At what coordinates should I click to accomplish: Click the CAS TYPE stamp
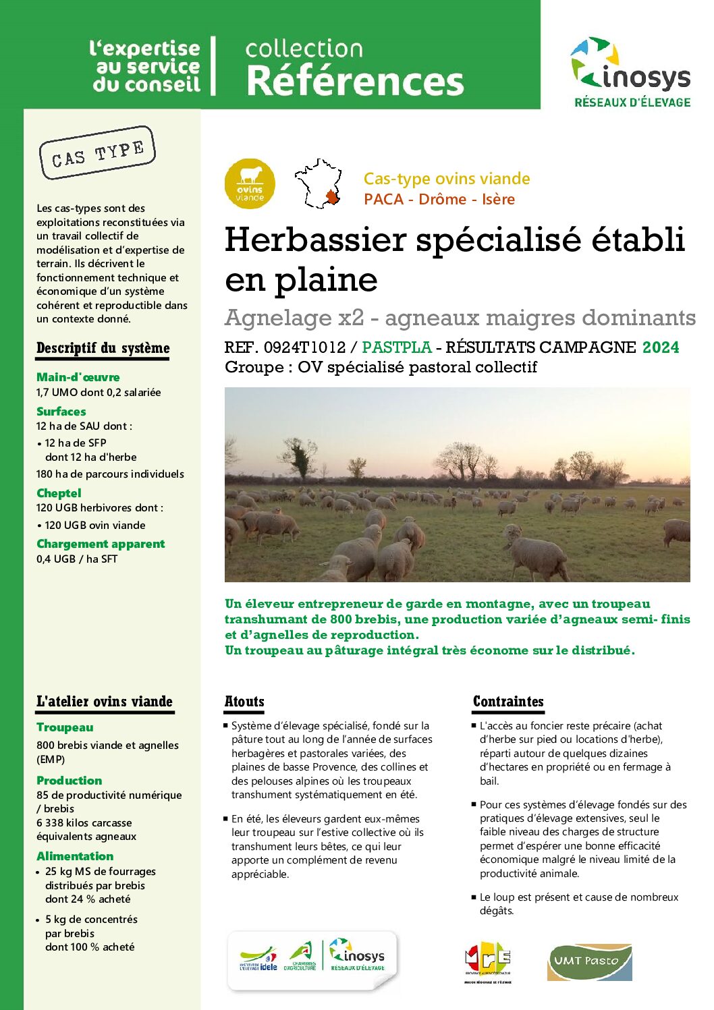tap(97, 153)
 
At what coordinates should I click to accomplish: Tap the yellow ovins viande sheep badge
tap(250, 184)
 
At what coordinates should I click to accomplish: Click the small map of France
tap(319, 184)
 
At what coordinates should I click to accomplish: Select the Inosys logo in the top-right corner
tap(631, 72)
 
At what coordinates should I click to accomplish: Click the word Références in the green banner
tap(355, 81)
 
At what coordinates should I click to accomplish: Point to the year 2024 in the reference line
tap(661, 347)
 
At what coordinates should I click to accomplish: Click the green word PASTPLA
tap(397, 347)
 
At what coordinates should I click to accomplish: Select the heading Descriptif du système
tap(103, 348)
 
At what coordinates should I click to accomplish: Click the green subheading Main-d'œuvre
tap(78, 377)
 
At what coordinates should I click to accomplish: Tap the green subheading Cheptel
tap(59, 493)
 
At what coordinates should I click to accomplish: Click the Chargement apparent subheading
tap(101, 544)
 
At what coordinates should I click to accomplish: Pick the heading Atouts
tap(244, 702)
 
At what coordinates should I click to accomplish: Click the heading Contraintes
tap(508, 702)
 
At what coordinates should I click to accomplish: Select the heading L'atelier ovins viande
tap(105, 702)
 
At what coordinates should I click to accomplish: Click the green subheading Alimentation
tap(75, 856)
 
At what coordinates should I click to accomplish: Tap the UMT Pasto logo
tap(589, 961)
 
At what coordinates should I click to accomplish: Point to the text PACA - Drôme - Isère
tap(439, 200)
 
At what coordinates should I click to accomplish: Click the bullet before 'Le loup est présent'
tap(474, 897)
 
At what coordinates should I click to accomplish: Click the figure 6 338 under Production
tap(50, 823)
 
